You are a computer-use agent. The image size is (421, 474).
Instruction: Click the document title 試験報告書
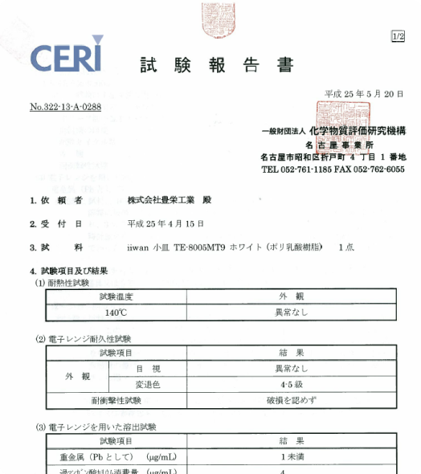(x=216, y=65)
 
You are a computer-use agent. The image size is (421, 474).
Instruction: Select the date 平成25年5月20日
(x=363, y=95)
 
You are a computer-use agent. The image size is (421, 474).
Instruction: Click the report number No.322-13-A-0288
(x=65, y=107)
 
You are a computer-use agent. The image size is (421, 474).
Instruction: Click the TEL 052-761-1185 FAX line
(x=333, y=170)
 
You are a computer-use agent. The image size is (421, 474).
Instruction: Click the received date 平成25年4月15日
(x=166, y=223)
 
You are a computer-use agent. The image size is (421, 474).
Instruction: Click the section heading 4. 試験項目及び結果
(x=70, y=272)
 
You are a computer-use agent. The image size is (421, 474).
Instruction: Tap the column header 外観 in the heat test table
(x=291, y=297)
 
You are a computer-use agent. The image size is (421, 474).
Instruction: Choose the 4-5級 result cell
(x=291, y=384)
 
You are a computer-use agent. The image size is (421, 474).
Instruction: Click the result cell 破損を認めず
(x=291, y=399)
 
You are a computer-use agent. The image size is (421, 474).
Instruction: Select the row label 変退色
(x=149, y=384)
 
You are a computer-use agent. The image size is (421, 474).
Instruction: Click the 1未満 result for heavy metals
(x=291, y=456)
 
